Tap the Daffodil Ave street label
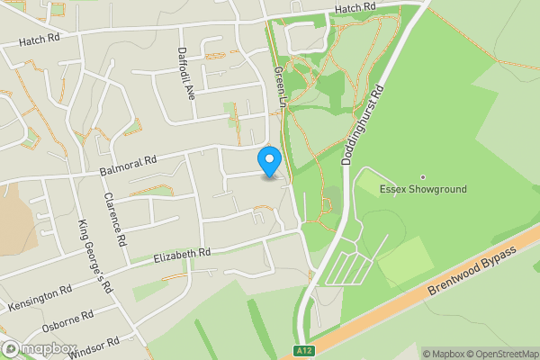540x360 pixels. [185, 73]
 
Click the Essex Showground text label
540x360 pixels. [423, 190]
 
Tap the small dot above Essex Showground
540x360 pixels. [423, 176]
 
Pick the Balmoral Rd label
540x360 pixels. [129, 164]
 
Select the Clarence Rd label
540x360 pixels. [115, 220]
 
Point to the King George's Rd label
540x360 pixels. [94, 256]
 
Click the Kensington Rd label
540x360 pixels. [40, 300]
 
